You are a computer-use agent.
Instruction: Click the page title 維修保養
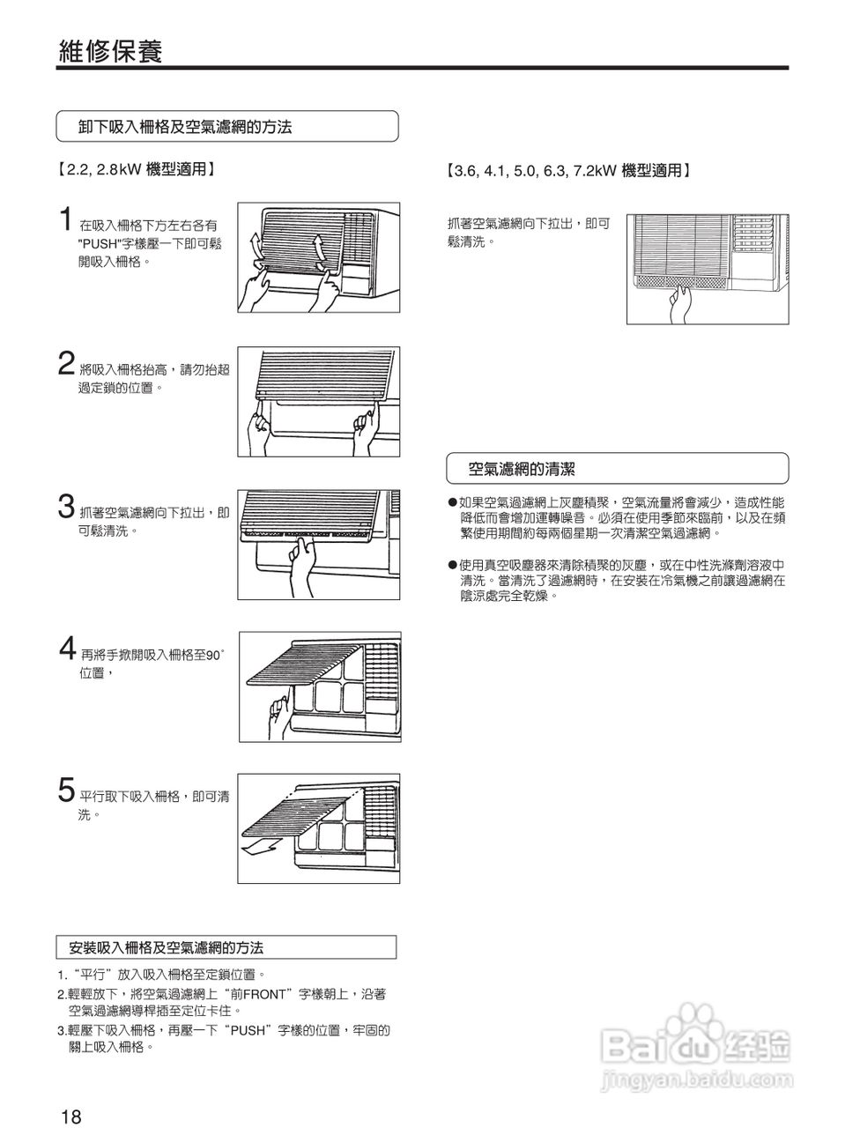(110, 51)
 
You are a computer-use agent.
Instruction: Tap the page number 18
(71, 1117)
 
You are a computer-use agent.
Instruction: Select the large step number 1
(65, 220)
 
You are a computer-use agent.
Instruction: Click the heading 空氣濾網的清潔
(522, 469)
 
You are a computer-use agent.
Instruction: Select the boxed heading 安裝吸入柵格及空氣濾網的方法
(166, 948)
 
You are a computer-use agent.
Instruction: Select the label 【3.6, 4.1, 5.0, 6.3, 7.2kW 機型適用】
(568, 171)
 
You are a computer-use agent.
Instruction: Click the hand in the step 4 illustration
(281, 715)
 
